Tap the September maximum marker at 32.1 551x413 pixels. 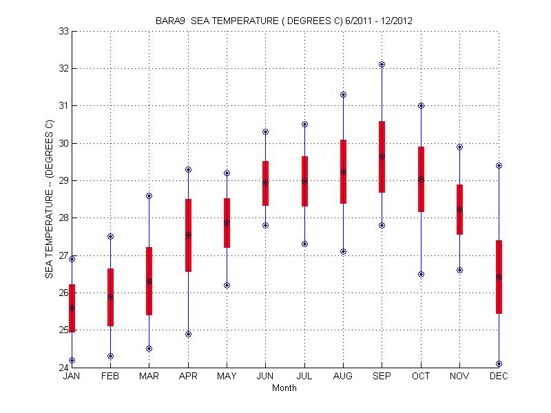point(382,64)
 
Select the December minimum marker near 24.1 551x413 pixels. point(499,363)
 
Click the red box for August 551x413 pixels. point(343,171)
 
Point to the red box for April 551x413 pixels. point(188,235)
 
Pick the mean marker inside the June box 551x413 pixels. point(265,182)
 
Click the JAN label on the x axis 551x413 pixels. point(72,377)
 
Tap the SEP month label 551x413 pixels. point(382,377)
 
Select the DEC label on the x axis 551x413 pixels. point(499,377)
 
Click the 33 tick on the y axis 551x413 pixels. point(63,31)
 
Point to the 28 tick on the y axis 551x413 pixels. point(63,218)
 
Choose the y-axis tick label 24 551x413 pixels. point(63,367)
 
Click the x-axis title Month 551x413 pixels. point(284,388)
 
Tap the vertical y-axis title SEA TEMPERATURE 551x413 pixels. point(49,200)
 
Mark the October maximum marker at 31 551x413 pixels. point(421,105)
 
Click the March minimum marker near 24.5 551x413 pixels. point(149,348)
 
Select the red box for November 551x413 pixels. point(459,209)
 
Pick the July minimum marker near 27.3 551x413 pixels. point(304,244)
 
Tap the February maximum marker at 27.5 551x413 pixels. point(110,236)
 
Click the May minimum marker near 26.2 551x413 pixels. point(227,285)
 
